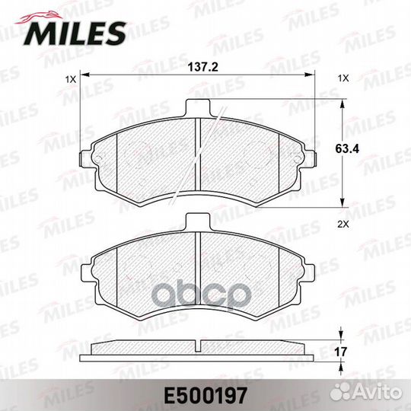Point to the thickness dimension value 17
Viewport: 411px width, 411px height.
click(x=352, y=352)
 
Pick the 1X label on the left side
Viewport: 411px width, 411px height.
click(x=71, y=78)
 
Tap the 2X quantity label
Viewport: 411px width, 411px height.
click(x=342, y=224)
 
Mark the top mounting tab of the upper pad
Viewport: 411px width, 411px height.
click(x=198, y=109)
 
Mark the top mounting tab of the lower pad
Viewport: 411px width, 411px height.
click(x=198, y=221)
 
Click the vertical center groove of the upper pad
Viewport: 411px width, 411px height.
click(x=198, y=164)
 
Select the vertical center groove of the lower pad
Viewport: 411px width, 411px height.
click(x=198, y=274)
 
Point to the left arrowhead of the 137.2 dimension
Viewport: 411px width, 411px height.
click(x=86, y=74)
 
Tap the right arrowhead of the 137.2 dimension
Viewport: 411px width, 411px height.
click(x=311, y=74)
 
